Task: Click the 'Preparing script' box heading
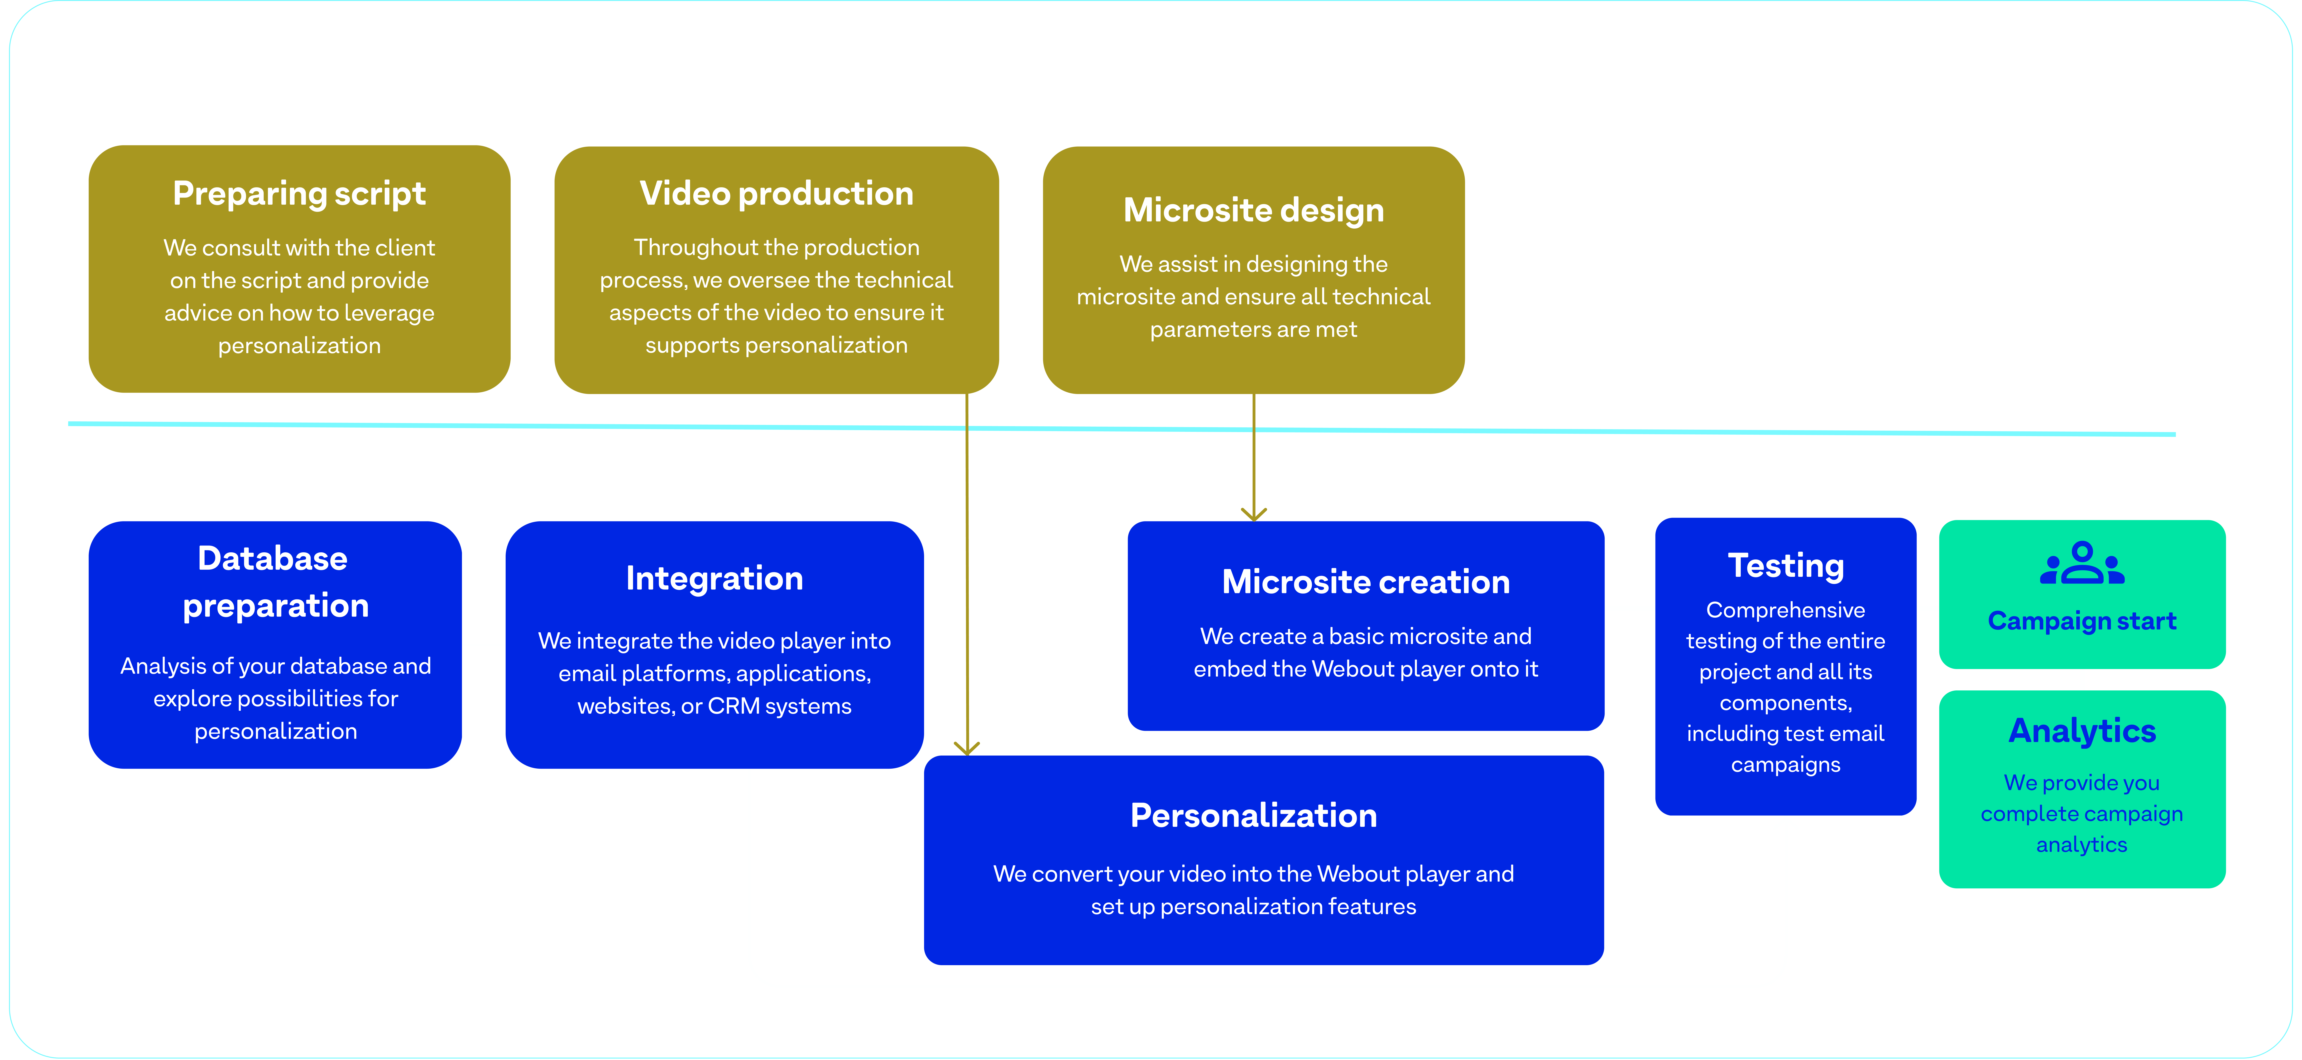pos(299,194)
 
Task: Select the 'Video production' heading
pos(777,194)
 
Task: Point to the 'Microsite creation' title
pos(1366,582)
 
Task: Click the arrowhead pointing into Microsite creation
pos(1254,514)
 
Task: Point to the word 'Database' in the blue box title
pos(273,559)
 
